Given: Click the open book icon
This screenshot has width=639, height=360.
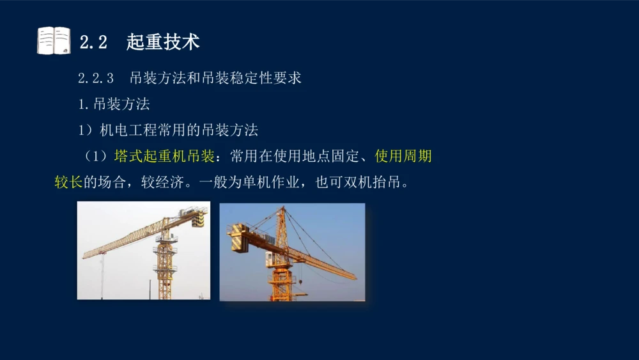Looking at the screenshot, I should click(x=54, y=41).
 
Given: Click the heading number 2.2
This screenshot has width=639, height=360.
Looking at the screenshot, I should click(x=93, y=42).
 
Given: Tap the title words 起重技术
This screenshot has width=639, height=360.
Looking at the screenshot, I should click(x=163, y=42).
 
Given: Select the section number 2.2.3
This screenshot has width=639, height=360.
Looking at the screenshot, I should click(x=96, y=79).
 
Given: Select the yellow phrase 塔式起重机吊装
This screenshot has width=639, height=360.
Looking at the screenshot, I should click(x=164, y=157).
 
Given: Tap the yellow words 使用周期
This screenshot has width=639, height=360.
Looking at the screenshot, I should click(x=403, y=157).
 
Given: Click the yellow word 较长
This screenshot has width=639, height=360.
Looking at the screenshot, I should click(x=68, y=182).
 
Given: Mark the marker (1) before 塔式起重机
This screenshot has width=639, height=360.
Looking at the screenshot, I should click(x=97, y=157).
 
